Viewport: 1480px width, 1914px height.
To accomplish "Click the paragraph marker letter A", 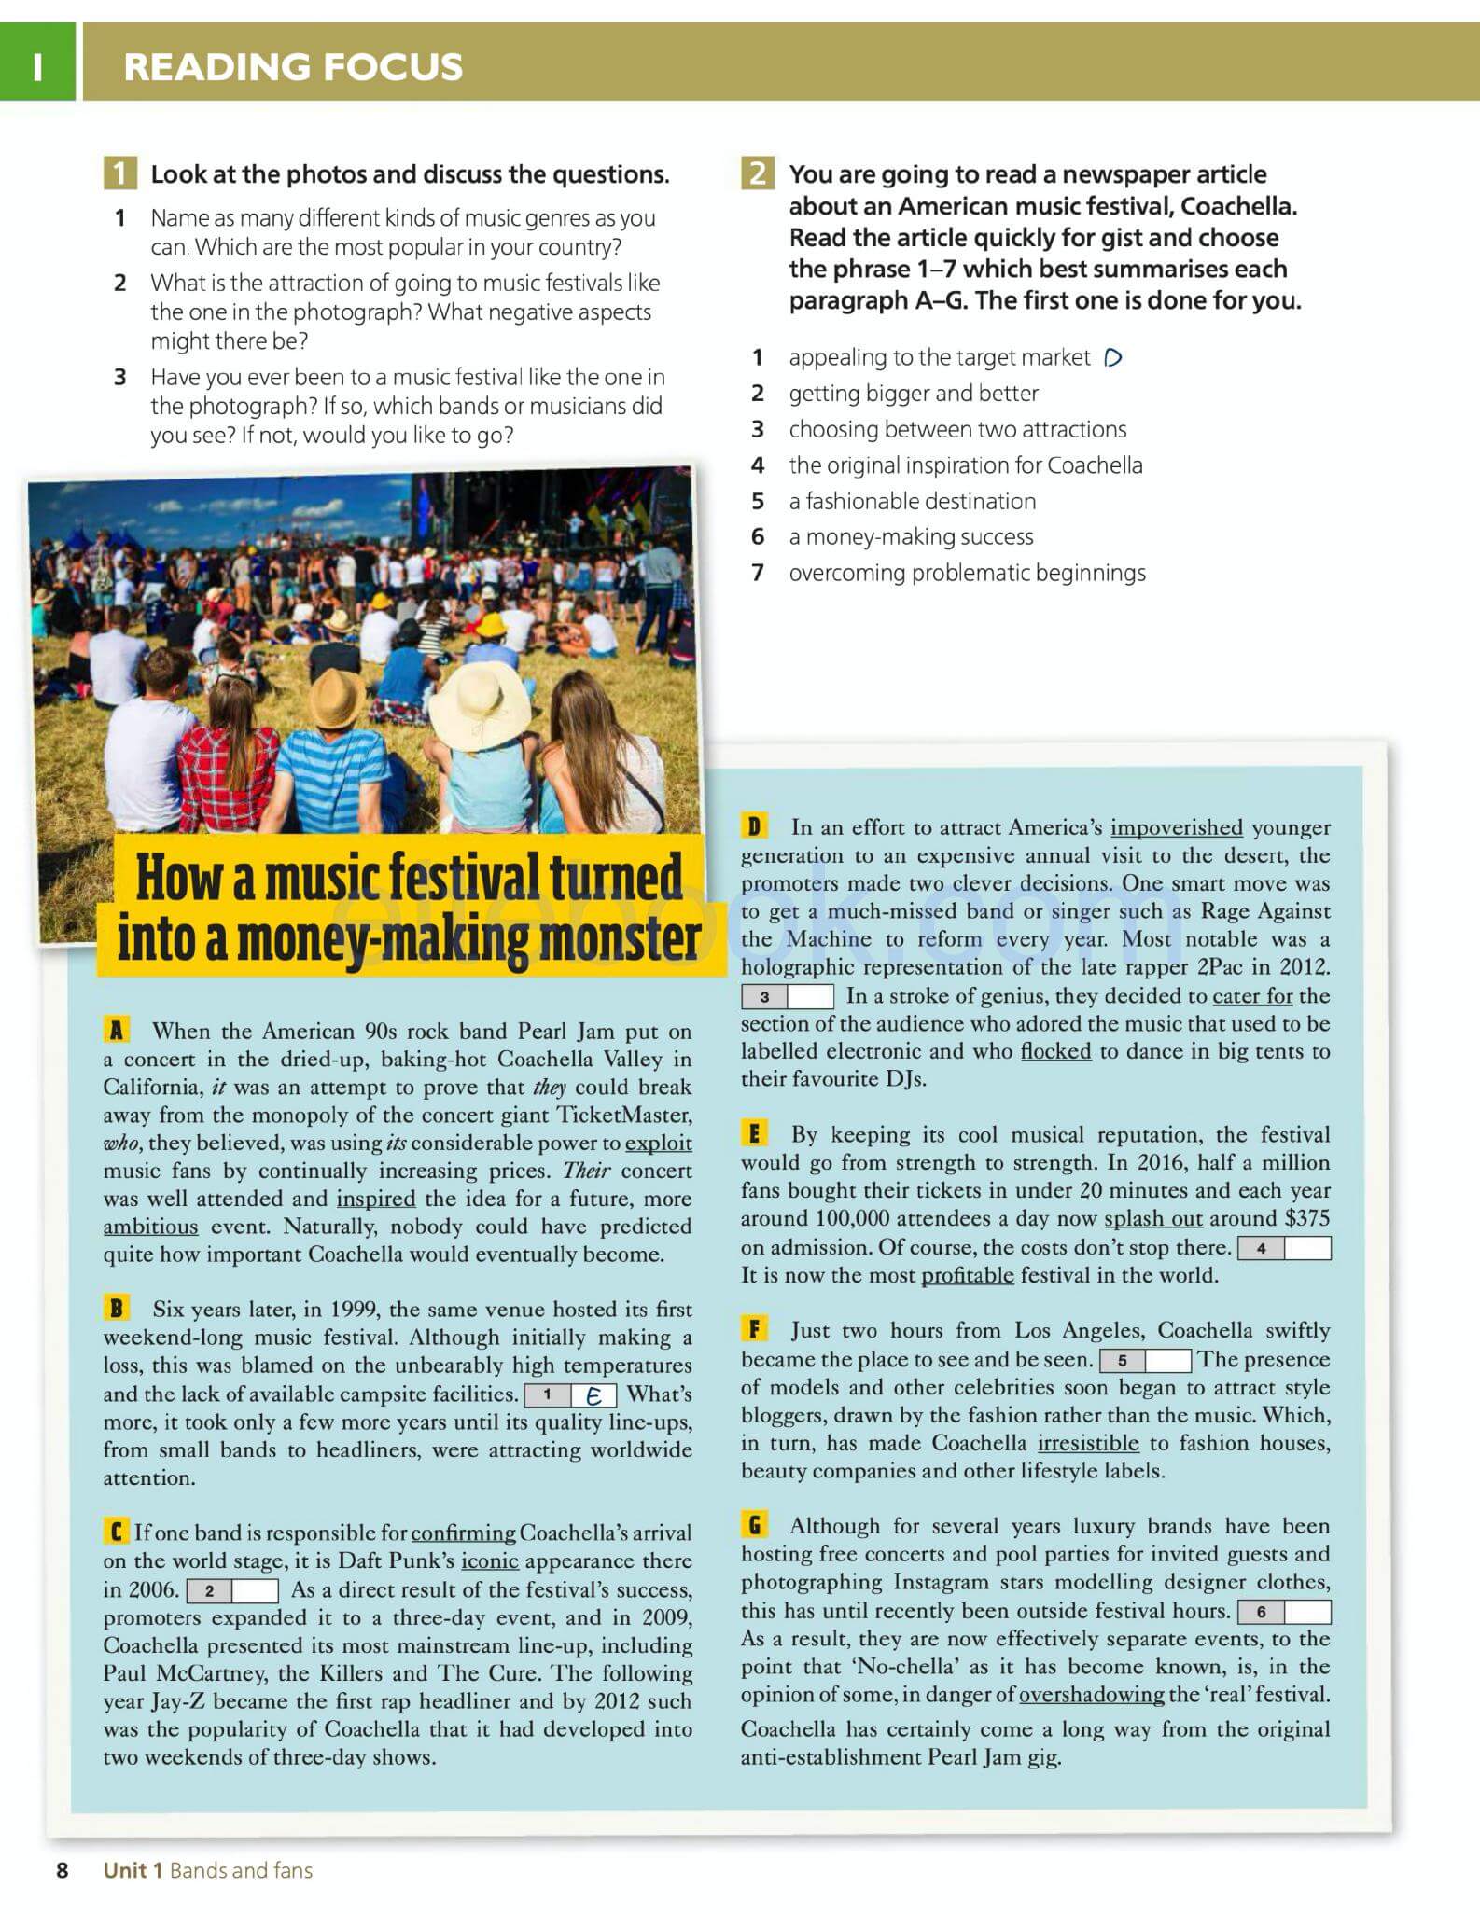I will (x=116, y=1030).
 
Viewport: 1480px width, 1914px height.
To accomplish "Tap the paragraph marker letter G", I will (x=754, y=1525).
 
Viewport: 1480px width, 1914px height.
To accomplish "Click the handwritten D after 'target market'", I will (x=1112, y=358).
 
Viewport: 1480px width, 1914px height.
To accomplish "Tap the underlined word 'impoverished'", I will (x=1176, y=827).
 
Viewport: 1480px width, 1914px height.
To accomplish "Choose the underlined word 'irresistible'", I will (x=1088, y=1443).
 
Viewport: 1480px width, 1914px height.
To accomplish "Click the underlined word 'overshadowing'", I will (x=1091, y=1694).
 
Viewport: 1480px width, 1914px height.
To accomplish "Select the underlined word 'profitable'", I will (x=967, y=1275).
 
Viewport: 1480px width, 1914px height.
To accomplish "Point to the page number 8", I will (x=63, y=1870).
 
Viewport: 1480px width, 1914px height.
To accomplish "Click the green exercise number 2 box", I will (x=757, y=173).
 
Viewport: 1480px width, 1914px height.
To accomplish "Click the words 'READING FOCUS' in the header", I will (x=293, y=67).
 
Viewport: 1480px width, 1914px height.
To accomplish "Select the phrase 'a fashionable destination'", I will (x=912, y=502).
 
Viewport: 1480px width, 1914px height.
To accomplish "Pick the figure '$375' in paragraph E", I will (x=1306, y=1219).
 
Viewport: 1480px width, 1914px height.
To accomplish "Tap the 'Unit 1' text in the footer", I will (x=133, y=1870).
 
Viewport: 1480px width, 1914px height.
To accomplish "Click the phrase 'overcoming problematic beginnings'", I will (x=967, y=574).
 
